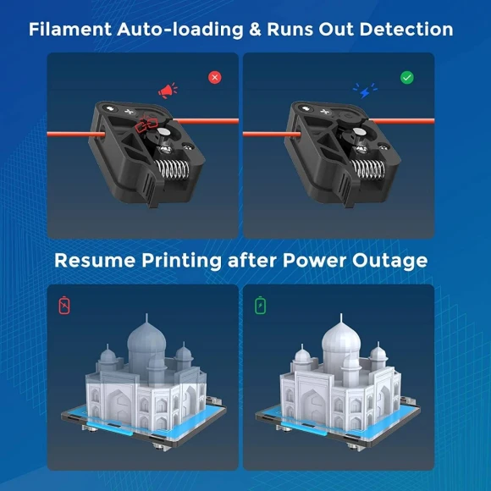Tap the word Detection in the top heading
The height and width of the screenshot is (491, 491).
pyautogui.click(x=406, y=30)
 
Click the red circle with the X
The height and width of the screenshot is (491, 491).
pyautogui.click(x=215, y=77)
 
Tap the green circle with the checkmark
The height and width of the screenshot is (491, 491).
pyautogui.click(x=407, y=77)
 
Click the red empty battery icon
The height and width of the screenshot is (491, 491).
pyautogui.click(x=65, y=305)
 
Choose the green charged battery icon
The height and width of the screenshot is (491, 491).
pyautogui.click(x=261, y=305)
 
